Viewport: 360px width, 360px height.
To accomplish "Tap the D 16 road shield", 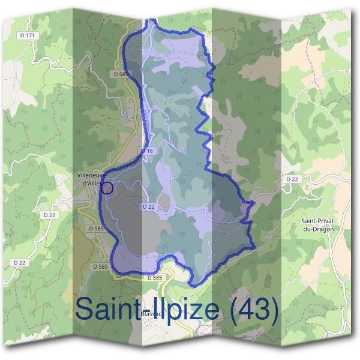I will pyautogui.click(x=148, y=151).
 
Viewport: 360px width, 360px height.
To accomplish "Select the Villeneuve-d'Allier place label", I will pyautogui.click(x=91, y=179).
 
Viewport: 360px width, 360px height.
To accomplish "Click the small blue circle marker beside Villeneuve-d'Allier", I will pyautogui.click(x=107, y=188).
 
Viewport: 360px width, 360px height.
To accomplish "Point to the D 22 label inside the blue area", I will pyautogui.click(x=149, y=206).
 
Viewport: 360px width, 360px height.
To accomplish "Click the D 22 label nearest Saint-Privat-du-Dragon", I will pyautogui.click(x=292, y=179).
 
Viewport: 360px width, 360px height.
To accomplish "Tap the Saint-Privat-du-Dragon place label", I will pyautogui.click(x=319, y=225).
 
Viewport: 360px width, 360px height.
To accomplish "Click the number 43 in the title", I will pyautogui.click(x=253, y=310).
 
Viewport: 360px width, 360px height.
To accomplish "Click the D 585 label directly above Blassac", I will pyautogui.click(x=154, y=278).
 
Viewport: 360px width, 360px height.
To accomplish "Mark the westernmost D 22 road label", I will pyautogui.click(x=20, y=263).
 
